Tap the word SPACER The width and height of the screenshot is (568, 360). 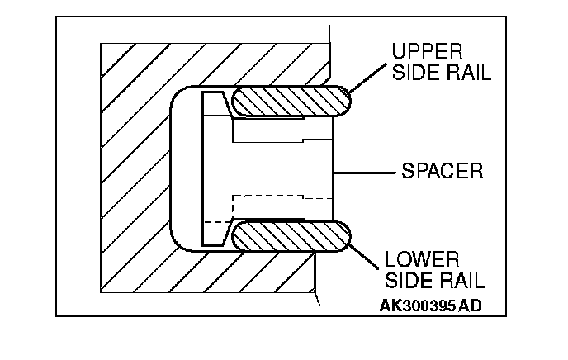click(442, 173)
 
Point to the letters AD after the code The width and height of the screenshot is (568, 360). click(471, 305)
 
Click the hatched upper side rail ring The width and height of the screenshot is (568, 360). click(289, 102)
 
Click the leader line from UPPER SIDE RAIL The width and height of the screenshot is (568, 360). click(367, 74)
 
